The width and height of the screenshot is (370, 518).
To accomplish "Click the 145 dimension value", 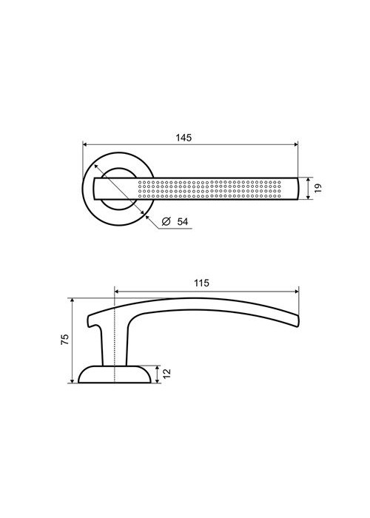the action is coord(184,138).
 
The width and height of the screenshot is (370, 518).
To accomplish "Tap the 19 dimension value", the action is coord(317,188).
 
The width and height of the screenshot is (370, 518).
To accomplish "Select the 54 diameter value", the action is coord(182,221).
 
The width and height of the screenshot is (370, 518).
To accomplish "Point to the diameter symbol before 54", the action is coord(166,221).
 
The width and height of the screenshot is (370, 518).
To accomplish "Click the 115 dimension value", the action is coord(201,283).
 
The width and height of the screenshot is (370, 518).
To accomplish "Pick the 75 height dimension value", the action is coord(65,340).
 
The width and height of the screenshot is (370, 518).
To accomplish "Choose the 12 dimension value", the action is coord(167,374).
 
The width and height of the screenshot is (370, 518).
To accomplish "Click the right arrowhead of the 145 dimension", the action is coord(296,144).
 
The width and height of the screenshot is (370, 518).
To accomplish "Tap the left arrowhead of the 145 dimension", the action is coord(85,144).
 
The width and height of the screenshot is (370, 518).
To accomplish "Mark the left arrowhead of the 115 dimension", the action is coord(117,292).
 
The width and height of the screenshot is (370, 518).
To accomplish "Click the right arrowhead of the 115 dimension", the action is coord(296,292).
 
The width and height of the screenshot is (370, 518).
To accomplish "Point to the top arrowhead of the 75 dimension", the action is coord(72,300).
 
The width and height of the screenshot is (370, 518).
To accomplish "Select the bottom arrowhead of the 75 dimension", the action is coord(72,380).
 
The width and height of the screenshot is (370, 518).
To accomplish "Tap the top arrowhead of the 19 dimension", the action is coord(309,181).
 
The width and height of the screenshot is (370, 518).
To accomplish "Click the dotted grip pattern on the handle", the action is coord(209,189).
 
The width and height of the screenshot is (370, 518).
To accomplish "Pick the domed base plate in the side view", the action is coord(114,374).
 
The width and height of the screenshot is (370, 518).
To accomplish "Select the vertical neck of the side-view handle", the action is coord(114,346).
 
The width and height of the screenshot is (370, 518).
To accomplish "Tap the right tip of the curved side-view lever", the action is coord(298,321).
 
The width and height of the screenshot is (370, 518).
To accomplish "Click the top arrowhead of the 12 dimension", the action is coord(158,369).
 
